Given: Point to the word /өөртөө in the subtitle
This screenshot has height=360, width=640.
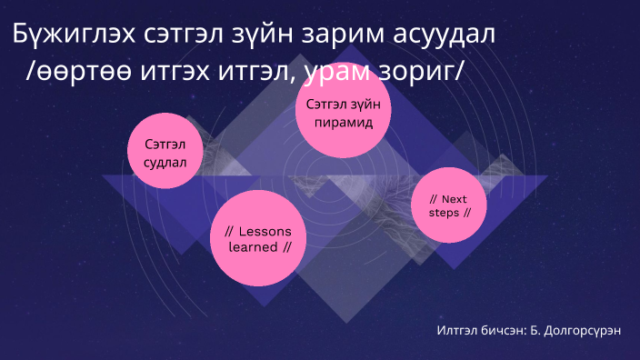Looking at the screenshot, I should coord(73,76).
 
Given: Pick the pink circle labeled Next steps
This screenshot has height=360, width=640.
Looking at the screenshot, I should coord(449,205).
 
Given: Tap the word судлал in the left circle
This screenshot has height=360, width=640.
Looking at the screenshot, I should coord(165,164).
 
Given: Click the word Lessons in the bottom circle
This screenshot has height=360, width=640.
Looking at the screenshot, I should coord(265,229).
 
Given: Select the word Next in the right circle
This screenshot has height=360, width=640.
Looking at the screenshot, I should coord(455,198).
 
